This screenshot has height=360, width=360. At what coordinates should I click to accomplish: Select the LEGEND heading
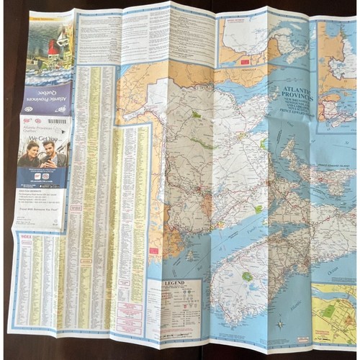pyautogui.click(x=177, y=284)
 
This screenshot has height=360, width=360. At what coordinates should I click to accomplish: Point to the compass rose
pyautogui.click(x=279, y=323)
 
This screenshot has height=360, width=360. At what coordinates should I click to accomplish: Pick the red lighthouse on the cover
pyautogui.click(x=52, y=49)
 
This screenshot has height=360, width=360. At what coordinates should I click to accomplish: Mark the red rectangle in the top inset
pyautogui.click(x=245, y=62)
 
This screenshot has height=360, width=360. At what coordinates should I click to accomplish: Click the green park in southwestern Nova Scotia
pyautogui.click(x=248, y=276)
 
